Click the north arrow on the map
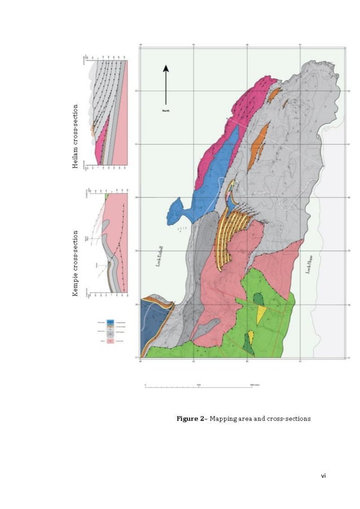point(166,85)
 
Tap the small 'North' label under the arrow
point(166,111)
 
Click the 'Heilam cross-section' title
point(74,136)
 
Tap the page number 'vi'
point(323,476)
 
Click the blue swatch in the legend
point(111,323)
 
